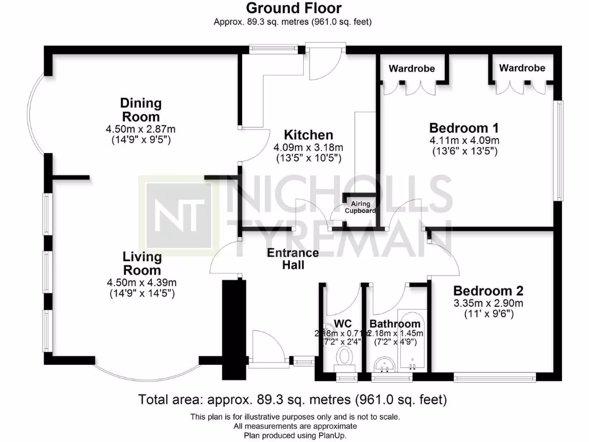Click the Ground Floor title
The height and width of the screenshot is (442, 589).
point(293,8)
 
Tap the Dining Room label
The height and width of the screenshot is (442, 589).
point(141,110)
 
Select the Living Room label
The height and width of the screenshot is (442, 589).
point(141,263)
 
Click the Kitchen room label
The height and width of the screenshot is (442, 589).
point(309,135)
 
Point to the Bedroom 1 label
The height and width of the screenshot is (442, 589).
point(464,128)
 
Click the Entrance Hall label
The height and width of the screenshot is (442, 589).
point(293,259)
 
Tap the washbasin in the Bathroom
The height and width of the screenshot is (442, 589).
point(384,364)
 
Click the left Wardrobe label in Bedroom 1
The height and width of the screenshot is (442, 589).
point(411,68)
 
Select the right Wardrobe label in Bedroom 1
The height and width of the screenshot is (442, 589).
point(522,68)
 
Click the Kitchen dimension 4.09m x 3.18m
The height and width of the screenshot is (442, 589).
point(308,147)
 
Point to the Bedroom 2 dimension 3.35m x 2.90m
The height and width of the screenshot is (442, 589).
point(488,303)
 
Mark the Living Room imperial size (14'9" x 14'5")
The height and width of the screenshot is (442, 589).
point(141,294)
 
